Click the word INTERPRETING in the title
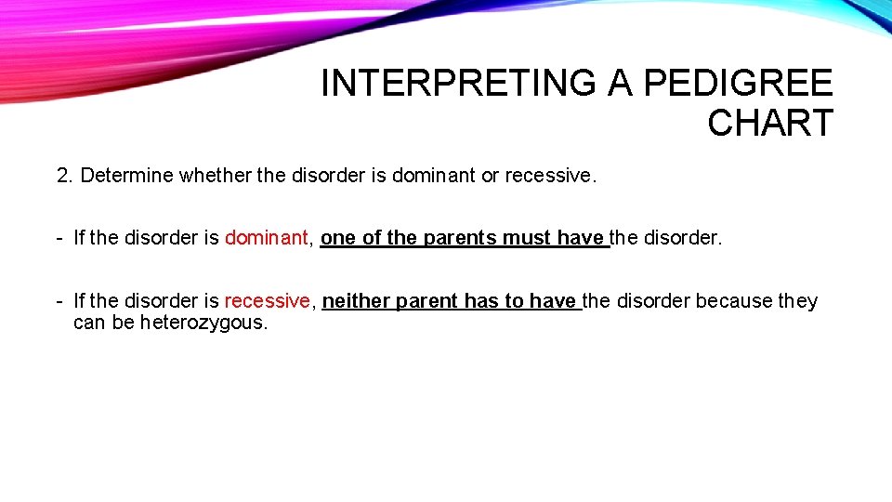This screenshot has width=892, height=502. coord(459,84)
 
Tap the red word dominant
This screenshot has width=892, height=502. coord(265,238)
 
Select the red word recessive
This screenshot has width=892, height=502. coord(266,301)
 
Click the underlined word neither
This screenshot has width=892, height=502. coord(356,301)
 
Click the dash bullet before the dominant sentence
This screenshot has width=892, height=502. coord(59,238)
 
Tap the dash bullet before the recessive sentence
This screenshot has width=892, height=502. coord(59,301)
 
